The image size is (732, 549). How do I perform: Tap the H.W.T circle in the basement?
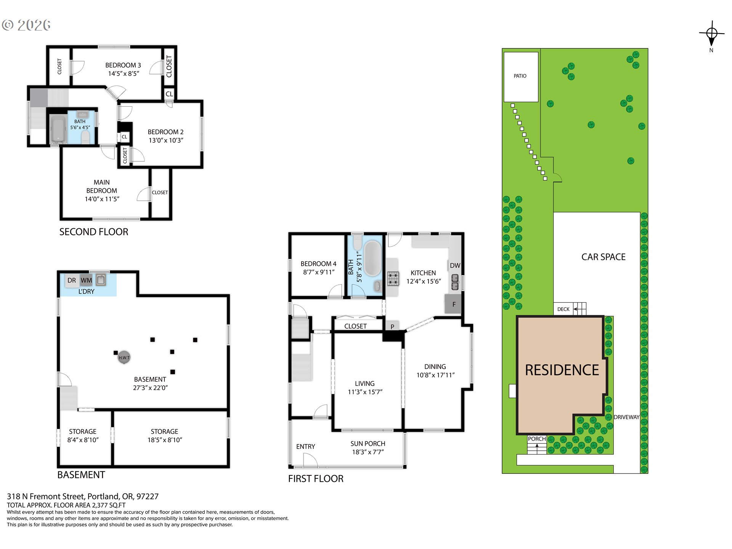[x=124, y=357]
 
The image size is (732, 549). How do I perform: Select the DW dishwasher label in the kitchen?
[x=455, y=266]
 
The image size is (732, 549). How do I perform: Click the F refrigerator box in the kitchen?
[x=453, y=304]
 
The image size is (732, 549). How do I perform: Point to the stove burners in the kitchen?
[x=393, y=278]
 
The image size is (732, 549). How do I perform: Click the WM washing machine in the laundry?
[x=86, y=280]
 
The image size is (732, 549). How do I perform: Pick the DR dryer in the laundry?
[x=72, y=280]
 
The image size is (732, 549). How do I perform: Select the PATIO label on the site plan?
[x=520, y=76]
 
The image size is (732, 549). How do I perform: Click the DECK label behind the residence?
[x=563, y=309]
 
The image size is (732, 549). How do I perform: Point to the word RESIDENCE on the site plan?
[x=562, y=370]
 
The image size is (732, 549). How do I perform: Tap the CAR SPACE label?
[x=604, y=257]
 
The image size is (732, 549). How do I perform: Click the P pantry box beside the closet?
[x=392, y=326]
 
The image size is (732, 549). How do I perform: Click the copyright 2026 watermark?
[x=26, y=25]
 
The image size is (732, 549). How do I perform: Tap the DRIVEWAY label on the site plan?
[x=626, y=417]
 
